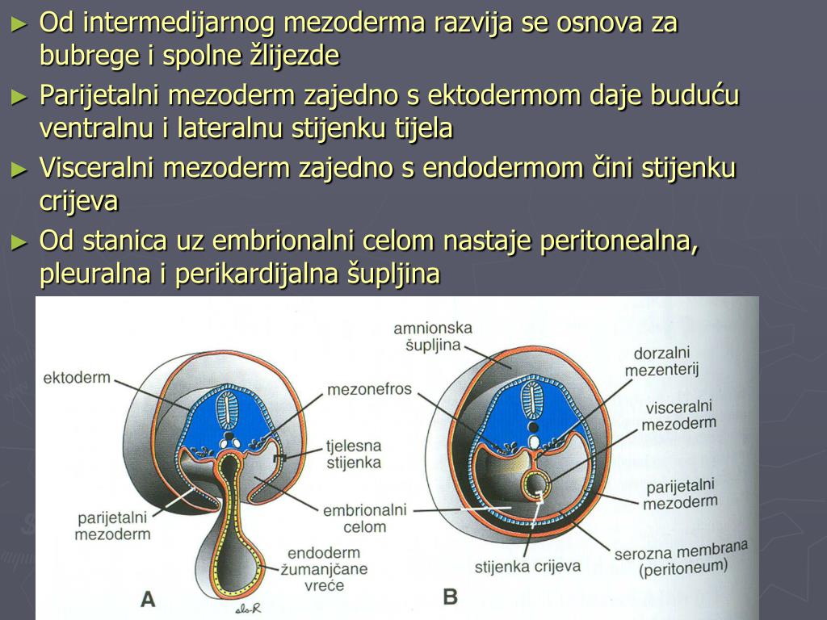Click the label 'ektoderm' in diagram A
pyautogui.click(x=76, y=378)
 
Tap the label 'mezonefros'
pyautogui.click(x=369, y=390)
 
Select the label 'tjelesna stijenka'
pyautogui.click(x=353, y=454)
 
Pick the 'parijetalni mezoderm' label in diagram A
pyautogui.click(x=113, y=526)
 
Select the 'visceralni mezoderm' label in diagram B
pyautogui.click(x=679, y=416)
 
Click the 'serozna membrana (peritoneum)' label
pyautogui.click(x=681, y=558)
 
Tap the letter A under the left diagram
pyautogui.click(x=148, y=598)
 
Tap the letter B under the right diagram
pyautogui.click(x=451, y=597)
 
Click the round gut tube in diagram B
pyautogui.click(x=533, y=484)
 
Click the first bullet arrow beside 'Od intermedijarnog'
pyautogui.click(x=19, y=24)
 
